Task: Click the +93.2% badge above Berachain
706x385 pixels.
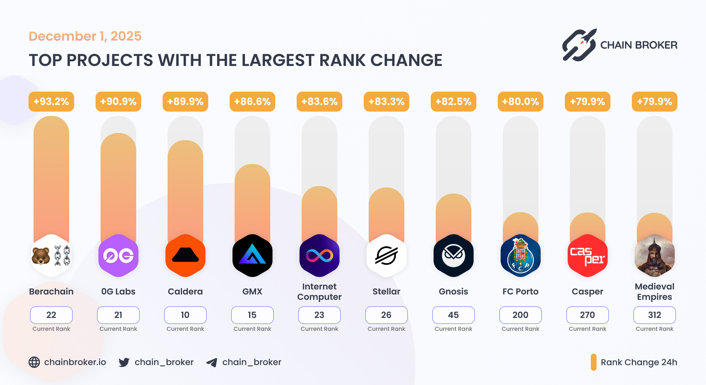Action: pyautogui.click(x=51, y=102)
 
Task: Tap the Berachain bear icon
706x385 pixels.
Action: pyautogui.click(x=41, y=256)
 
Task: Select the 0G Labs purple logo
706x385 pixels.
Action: pyautogui.click(x=118, y=256)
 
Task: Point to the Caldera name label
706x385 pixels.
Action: pyautogui.click(x=185, y=292)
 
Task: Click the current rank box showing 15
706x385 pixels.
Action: pyautogui.click(x=252, y=315)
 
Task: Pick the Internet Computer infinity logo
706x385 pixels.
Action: pyautogui.click(x=319, y=256)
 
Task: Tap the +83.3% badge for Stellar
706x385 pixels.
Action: pyautogui.click(x=387, y=102)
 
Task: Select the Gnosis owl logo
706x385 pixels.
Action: pyautogui.click(x=454, y=256)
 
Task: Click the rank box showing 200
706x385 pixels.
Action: pyautogui.click(x=520, y=315)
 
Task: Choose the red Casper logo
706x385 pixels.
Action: pyautogui.click(x=587, y=256)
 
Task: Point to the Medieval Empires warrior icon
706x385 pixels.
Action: pyautogui.click(x=654, y=256)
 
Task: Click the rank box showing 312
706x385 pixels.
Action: pyautogui.click(x=654, y=315)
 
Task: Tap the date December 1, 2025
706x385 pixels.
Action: pyautogui.click(x=85, y=36)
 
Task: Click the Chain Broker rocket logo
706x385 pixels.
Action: pyautogui.click(x=579, y=45)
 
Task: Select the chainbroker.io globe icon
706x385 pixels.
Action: pyautogui.click(x=34, y=362)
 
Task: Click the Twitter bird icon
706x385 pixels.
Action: pyautogui.click(x=124, y=362)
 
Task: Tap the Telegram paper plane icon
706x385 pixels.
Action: pyautogui.click(x=212, y=363)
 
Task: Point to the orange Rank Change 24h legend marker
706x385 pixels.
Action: pyautogui.click(x=594, y=362)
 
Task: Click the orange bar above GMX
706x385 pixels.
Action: pyautogui.click(x=252, y=200)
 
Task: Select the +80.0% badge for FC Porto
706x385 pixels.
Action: pyautogui.click(x=520, y=102)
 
